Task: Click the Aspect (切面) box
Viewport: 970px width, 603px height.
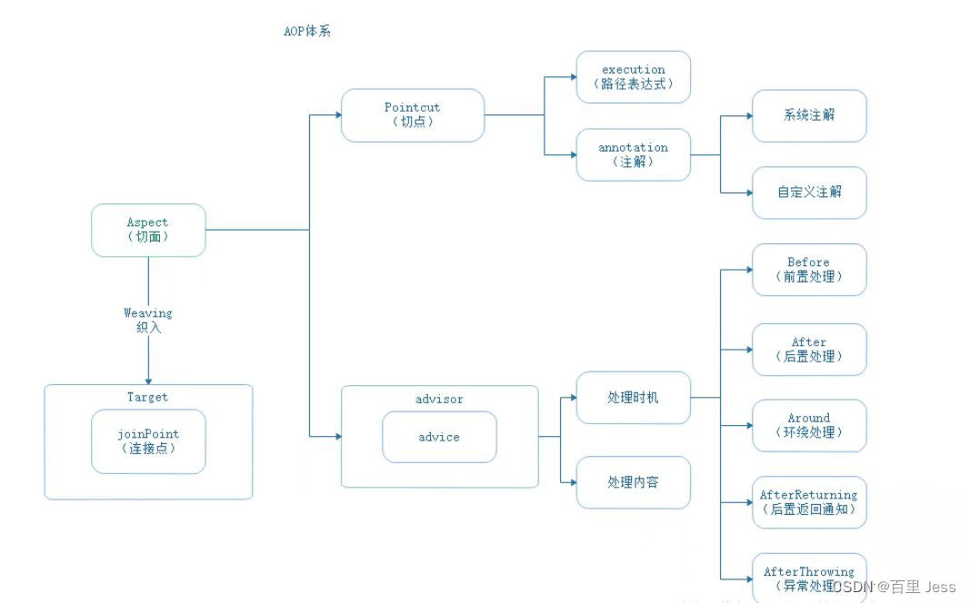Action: click(x=148, y=230)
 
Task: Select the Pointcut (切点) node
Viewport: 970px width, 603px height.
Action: click(x=412, y=114)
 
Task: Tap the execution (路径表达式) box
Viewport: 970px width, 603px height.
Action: click(x=633, y=76)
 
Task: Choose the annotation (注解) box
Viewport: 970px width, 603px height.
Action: click(x=633, y=154)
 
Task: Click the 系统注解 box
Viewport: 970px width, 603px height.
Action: click(x=809, y=115)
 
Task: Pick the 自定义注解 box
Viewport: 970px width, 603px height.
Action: click(x=809, y=192)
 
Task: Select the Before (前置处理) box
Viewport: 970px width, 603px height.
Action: click(x=809, y=269)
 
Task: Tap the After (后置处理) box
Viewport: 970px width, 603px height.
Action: click(x=809, y=349)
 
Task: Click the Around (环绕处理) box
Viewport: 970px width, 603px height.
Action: click(x=809, y=425)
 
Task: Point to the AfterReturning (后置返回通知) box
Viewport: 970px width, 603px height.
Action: click(x=809, y=502)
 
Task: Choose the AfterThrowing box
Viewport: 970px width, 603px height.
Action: click(x=809, y=576)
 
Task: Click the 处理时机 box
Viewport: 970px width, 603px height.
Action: click(x=633, y=398)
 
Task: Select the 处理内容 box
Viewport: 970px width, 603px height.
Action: click(x=633, y=482)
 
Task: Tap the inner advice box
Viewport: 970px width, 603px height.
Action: click(x=439, y=437)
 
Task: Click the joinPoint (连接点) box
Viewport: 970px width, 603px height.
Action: click(x=148, y=440)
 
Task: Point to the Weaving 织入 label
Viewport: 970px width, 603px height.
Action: click(x=148, y=320)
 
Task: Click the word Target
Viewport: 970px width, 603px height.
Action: click(x=147, y=397)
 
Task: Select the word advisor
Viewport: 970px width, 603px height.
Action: click(x=439, y=399)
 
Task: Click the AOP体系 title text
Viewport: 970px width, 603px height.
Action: click(x=307, y=31)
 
